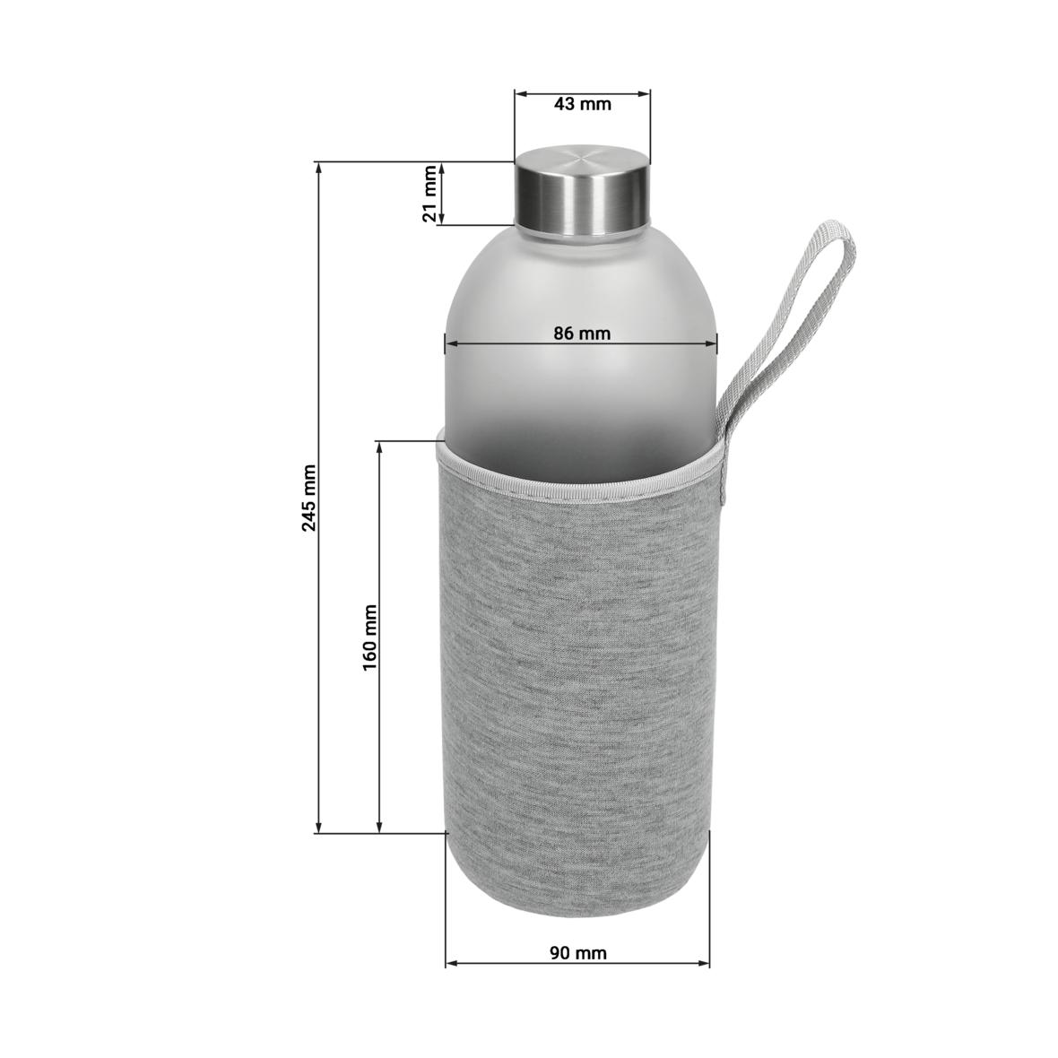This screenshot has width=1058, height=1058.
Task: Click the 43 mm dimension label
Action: [x=582, y=104]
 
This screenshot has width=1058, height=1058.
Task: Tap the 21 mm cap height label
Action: [x=431, y=194]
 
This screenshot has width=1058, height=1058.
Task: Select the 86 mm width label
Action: [x=582, y=334]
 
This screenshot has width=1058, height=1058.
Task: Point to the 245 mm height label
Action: [x=309, y=498]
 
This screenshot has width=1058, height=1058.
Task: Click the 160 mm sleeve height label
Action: [x=370, y=637]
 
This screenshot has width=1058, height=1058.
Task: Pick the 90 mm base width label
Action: [x=578, y=953]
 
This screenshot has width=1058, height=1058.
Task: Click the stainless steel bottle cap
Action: [x=581, y=193]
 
